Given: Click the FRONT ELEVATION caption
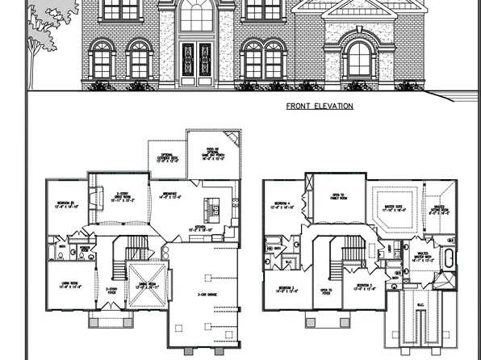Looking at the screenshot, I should pyautogui.click(x=320, y=106).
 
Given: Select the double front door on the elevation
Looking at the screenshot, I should pyautogui.click(x=196, y=62).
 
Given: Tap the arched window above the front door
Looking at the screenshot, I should pyautogui.click(x=196, y=15).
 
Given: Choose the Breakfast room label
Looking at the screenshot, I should pyautogui.click(x=171, y=194).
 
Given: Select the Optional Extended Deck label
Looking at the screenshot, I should pyautogui.click(x=166, y=159).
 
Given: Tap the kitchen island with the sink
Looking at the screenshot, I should pyautogui.click(x=215, y=209).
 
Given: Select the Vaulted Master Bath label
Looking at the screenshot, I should pyautogui.click(x=421, y=260).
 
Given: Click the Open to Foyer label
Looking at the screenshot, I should pyautogui.click(x=326, y=291).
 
